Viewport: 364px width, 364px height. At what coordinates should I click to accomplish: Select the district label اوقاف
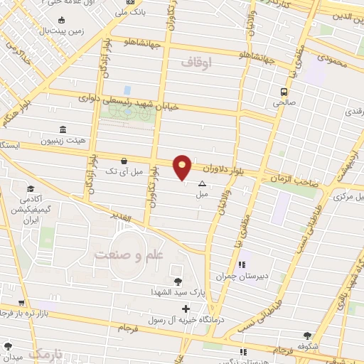point(197,63)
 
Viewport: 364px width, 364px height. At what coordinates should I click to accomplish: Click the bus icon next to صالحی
point(284,92)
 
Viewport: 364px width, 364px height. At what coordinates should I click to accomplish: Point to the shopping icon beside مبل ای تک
point(124,161)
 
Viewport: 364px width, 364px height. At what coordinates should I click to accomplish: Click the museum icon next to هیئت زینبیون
point(63,129)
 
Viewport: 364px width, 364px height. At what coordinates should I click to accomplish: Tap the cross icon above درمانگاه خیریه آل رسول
point(186,309)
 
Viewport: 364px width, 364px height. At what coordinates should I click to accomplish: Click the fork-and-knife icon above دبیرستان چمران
point(242,265)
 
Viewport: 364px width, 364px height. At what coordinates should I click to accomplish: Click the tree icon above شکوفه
point(307,336)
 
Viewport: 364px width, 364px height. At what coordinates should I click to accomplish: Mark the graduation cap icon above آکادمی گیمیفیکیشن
point(31,188)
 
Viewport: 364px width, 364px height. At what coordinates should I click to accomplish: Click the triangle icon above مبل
point(202,183)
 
